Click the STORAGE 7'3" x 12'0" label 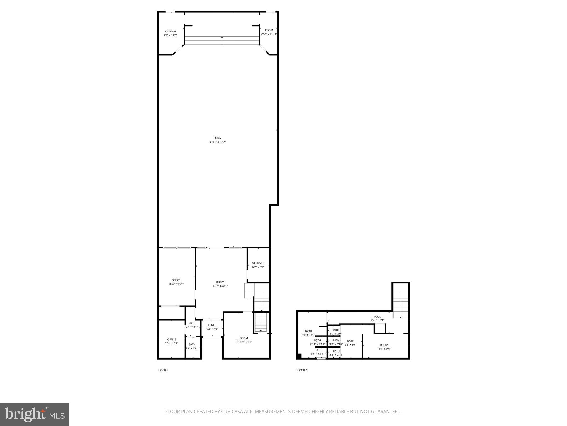170,33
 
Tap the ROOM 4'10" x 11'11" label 269,32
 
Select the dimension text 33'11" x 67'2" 218,142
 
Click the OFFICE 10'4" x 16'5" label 176,282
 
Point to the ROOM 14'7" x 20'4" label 220,284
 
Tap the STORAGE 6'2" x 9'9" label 258,265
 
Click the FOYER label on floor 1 212,325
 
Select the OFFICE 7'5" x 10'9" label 172,341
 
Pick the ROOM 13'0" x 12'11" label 244,340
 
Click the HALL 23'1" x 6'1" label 377,318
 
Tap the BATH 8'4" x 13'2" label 308,333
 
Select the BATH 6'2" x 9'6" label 350,343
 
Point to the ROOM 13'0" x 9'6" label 384,347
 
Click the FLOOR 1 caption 163,370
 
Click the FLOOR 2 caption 302,370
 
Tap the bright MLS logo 34,414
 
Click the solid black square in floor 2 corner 299,356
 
